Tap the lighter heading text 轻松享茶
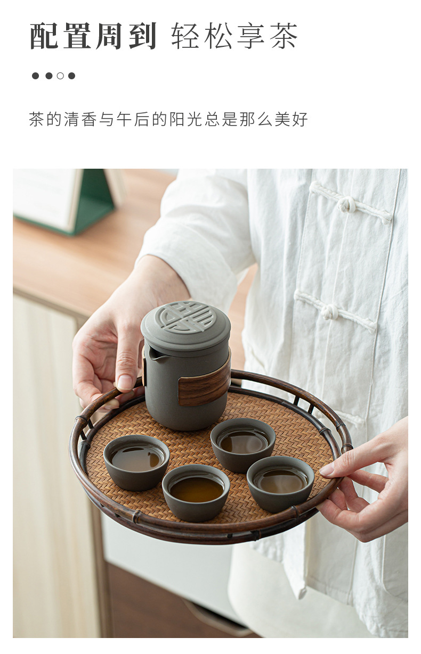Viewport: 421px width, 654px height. (x=234, y=36)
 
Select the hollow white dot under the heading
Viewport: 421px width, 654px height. (x=60, y=76)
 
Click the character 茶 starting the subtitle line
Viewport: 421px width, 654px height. (x=37, y=119)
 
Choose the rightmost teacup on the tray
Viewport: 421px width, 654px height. (x=280, y=481)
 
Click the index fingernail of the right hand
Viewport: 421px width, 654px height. (x=327, y=469)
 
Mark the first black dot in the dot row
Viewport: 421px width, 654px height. (x=35, y=76)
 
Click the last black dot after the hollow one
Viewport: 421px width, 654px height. (x=71, y=76)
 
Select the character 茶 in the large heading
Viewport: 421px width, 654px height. (x=283, y=36)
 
